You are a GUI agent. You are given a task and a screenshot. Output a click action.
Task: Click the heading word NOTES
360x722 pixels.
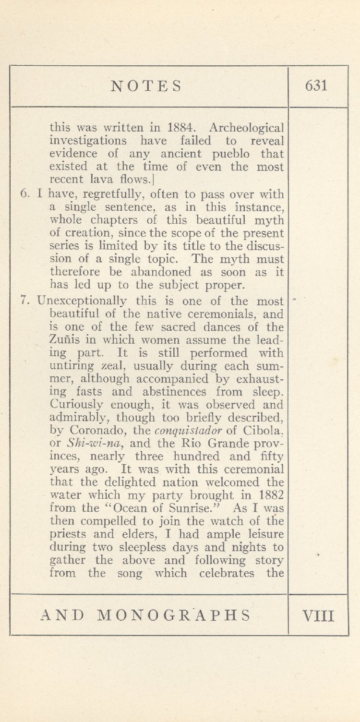[x=146, y=86]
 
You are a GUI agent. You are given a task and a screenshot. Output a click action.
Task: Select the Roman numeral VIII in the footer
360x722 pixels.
[x=318, y=615]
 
